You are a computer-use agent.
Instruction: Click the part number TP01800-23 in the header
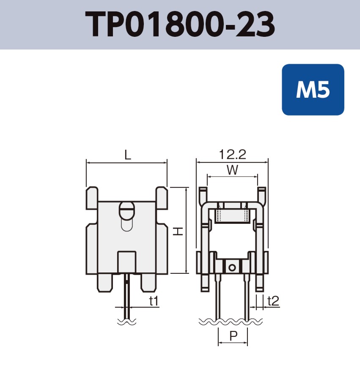[x=180, y=25]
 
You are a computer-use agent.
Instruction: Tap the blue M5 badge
[x=313, y=90]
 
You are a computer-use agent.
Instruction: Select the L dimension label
[x=127, y=155]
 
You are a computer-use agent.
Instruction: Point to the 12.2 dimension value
[x=232, y=154]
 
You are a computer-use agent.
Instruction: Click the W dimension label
[x=232, y=170]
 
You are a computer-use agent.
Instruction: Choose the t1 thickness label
[x=154, y=301]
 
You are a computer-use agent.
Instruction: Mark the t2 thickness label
[x=273, y=301]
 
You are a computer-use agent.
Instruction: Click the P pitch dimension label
[x=233, y=336]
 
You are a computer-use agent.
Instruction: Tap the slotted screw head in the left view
[x=127, y=209]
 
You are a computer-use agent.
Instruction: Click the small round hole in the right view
[x=231, y=267]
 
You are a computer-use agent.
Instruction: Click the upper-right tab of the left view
[x=162, y=198]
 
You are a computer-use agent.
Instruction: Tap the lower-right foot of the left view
[x=148, y=283]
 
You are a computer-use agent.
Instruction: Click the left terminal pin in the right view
[x=218, y=296]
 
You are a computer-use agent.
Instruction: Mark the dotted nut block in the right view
[x=232, y=216]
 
